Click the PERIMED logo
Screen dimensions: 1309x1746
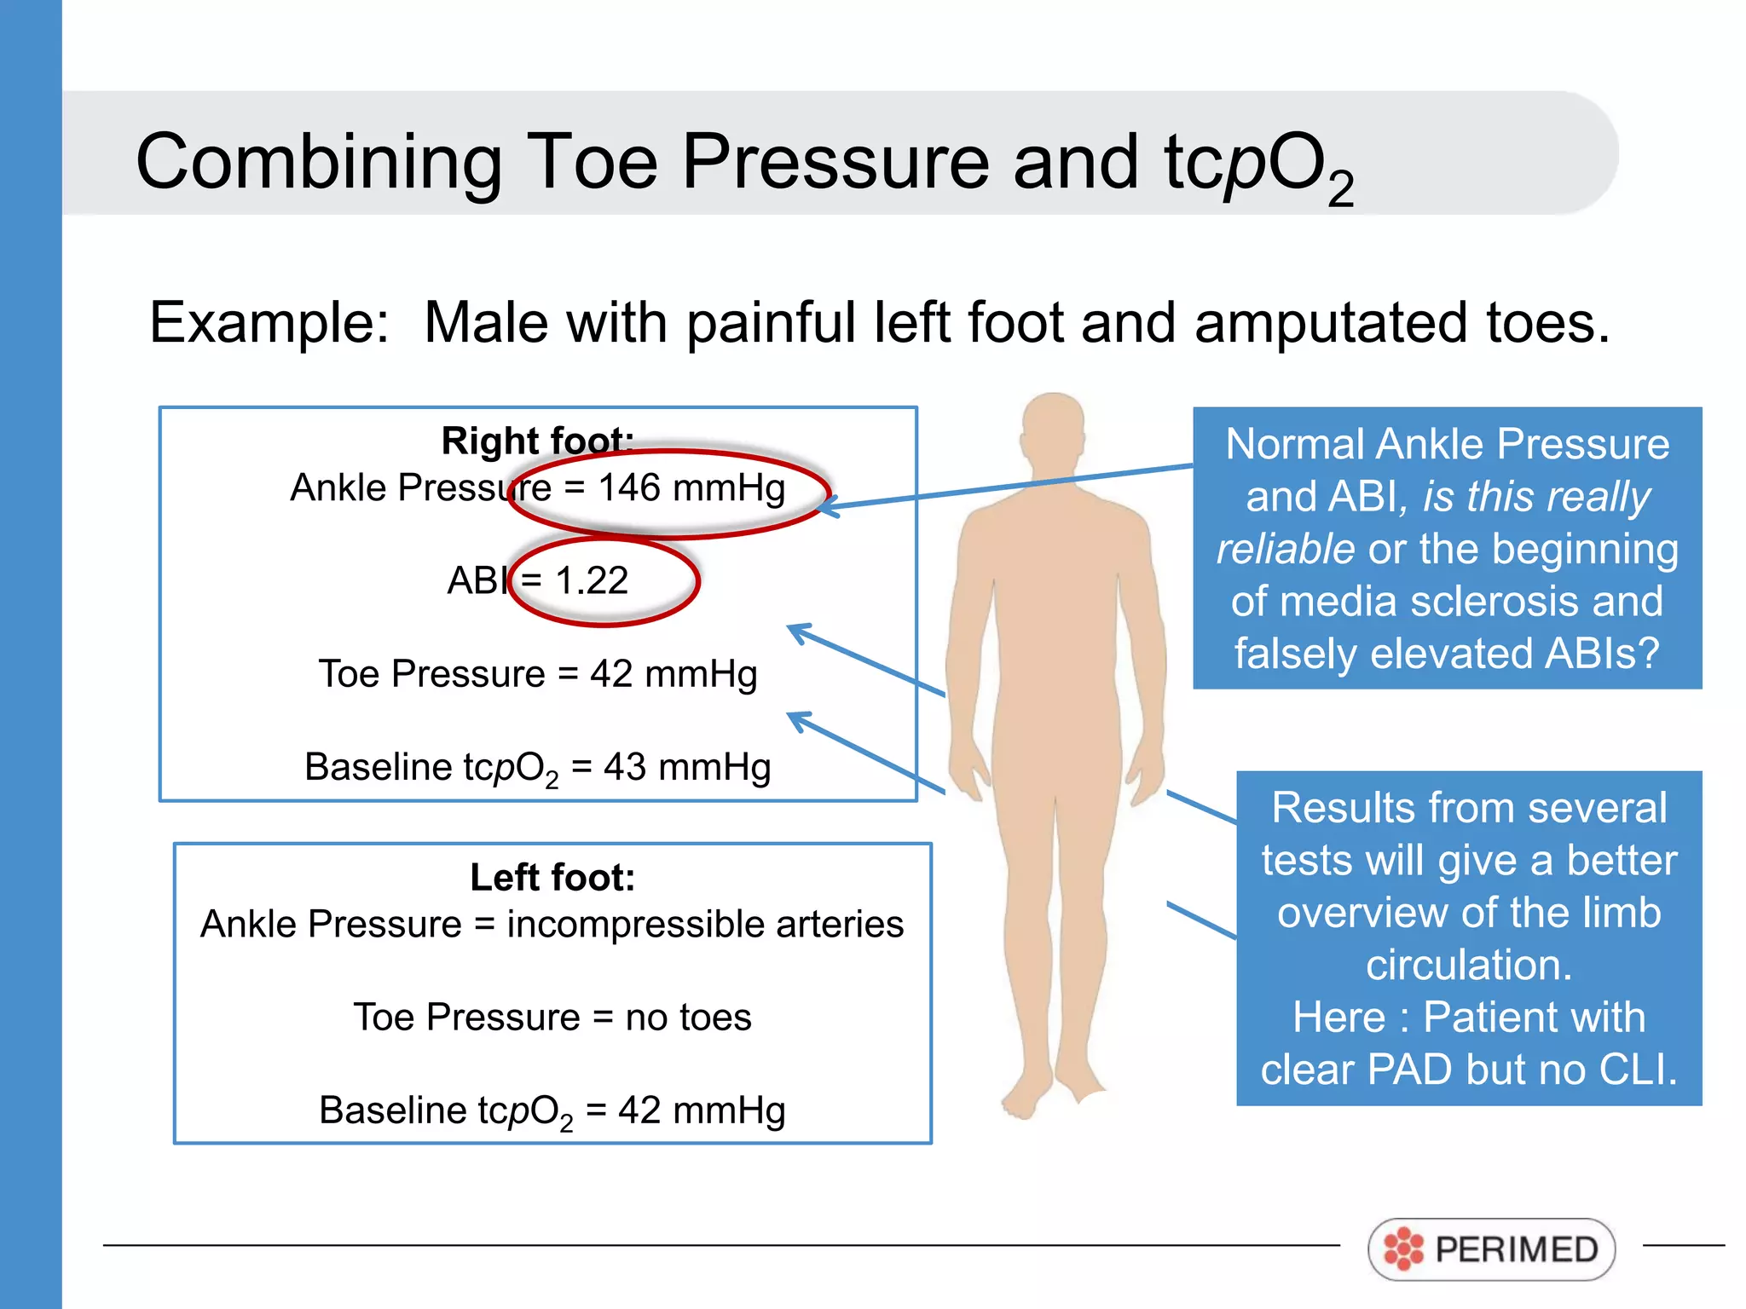pyautogui.click(x=1491, y=1249)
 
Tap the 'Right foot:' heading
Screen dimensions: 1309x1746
pyautogui.click(x=537, y=441)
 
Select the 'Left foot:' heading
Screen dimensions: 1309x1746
pyautogui.click(x=552, y=877)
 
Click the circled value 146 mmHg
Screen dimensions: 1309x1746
pyautogui.click(x=691, y=488)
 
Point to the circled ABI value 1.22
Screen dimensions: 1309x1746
pyautogui.click(x=591, y=581)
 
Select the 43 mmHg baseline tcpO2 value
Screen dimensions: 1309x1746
pyautogui.click(x=687, y=767)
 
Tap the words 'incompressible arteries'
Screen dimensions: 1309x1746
pyautogui.click(x=705, y=925)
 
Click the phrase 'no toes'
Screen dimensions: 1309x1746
pyautogui.click(x=688, y=1018)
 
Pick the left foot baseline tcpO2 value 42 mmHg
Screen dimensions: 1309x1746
pyautogui.click(x=702, y=1110)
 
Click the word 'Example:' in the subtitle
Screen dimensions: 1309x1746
pyautogui.click(x=269, y=323)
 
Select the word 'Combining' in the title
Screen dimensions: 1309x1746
pyautogui.click(x=319, y=162)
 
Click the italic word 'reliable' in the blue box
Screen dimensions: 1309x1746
pyautogui.click(x=1285, y=549)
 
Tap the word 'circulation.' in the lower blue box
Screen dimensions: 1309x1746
pyautogui.click(x=1468, y=965)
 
